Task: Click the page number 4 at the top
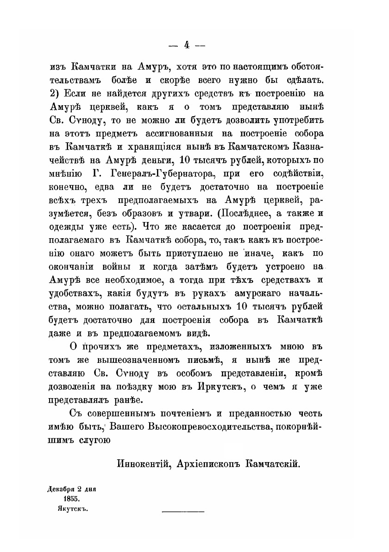(187, 45)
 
